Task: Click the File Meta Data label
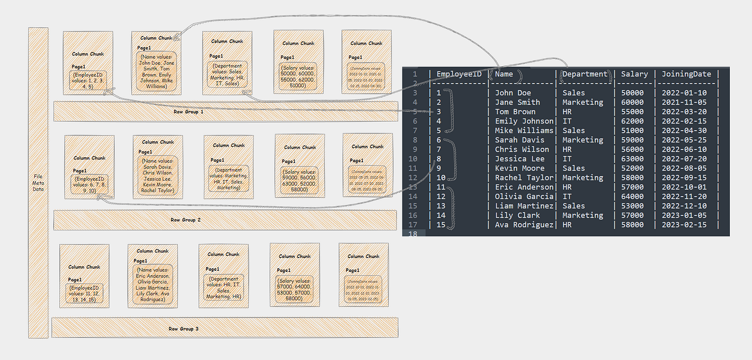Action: pyautogui.click(x=38, y=183)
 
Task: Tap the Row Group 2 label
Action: pyautogui.click(x=186, y=220)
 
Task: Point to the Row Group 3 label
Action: pyautogui.click(x=183, y=328)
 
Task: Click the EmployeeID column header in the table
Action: pyautogui.click(x=459, y=74)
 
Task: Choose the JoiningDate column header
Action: pyautogui.click(x=686, y=74)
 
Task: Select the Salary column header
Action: pyautogui.click(x=634, y=74)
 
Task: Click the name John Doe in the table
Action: pyautogui.click(x=513, y=92)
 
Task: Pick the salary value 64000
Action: pyautogui.click(x=632, y=196)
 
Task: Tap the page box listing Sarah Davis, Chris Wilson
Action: pyautogui.click(x=157, y=175)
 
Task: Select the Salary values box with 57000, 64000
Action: pyautogui.click(x=295, y=289)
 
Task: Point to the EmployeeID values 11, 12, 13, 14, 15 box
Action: pyautogui.click(x=84, y=293)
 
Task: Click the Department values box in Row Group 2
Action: pyautogui.click(x=229, y=178)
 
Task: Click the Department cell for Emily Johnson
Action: pyautogui.click(x=567, y=121)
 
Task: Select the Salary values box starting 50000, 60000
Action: pyautogui.click(x=298, y=76)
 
